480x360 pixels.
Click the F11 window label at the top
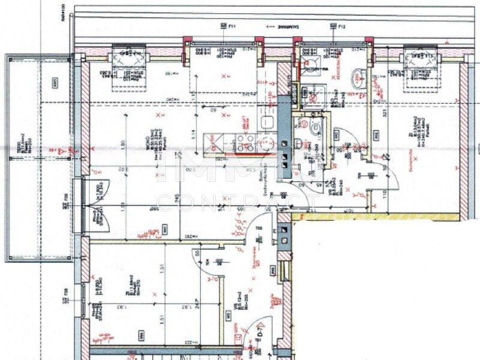tap(232, 26)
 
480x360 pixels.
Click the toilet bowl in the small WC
tap(314, 127)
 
